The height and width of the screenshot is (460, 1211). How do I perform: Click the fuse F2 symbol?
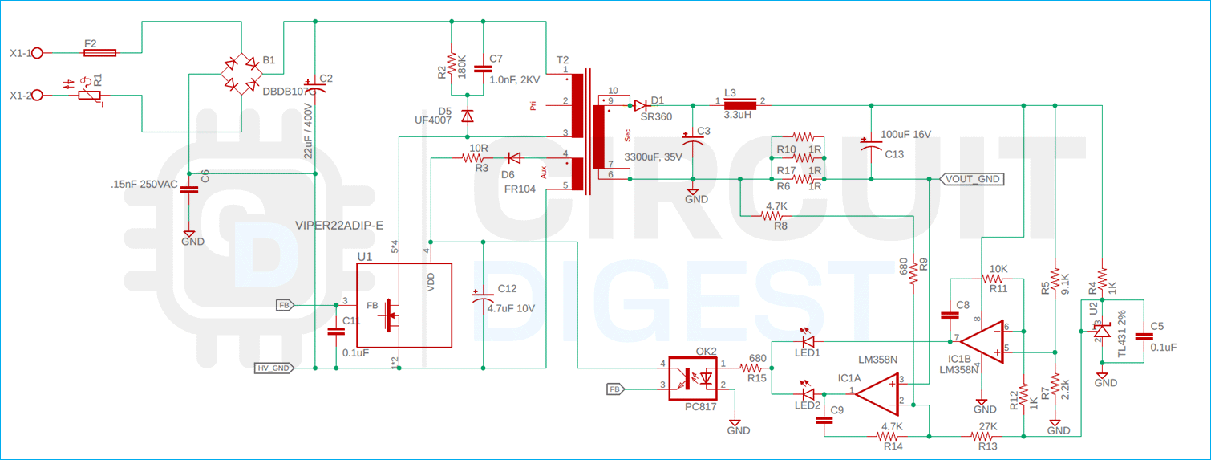tap(99, 52)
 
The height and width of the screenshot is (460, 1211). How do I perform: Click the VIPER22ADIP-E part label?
tap(339, 226)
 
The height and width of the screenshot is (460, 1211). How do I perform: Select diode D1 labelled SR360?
tap(641, 104)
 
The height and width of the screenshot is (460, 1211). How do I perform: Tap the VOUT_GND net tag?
tap(972, 179)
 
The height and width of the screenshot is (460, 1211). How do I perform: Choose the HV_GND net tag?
tap(273, 368)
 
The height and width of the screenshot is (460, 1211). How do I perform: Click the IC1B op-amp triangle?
tap(983, 340)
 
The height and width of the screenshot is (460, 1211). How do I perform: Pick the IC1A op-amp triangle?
tap(875, 393)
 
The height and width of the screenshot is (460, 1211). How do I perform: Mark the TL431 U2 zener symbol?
tap(1102, 330)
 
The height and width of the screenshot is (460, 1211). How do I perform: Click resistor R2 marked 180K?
tap(452, 63)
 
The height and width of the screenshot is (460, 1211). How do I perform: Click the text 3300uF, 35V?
tap(653, 157)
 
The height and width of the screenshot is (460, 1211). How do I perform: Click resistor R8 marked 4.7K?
tap(774, 215)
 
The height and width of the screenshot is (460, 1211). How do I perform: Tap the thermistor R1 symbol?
tap(89, 96)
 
